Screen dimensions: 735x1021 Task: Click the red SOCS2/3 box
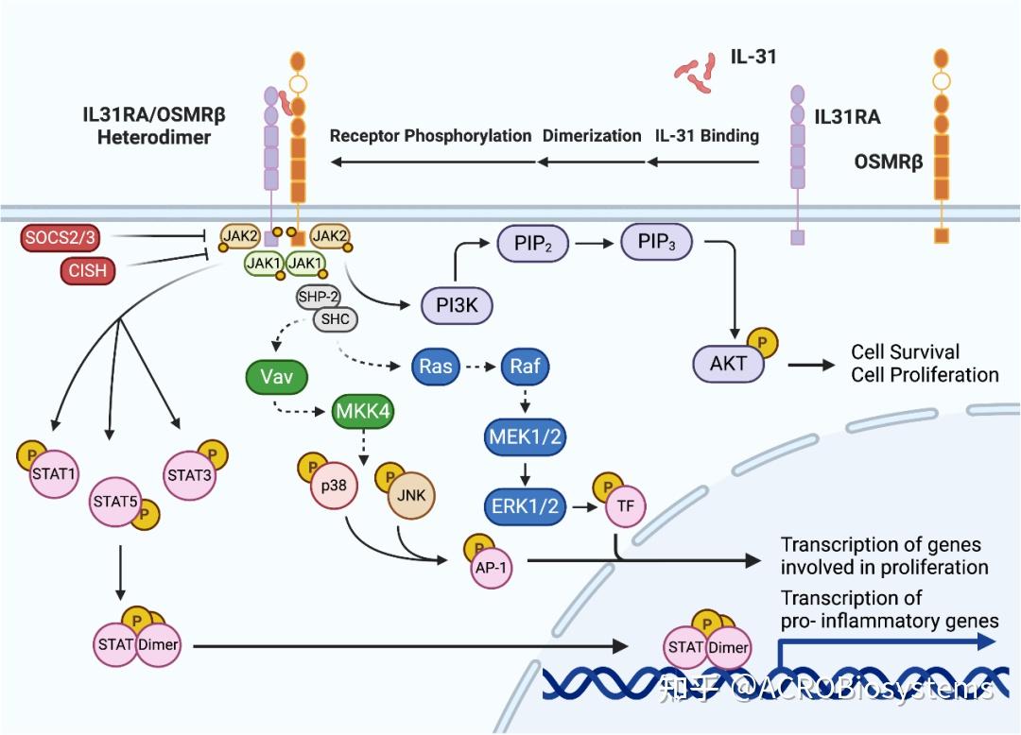[x=61, y=239]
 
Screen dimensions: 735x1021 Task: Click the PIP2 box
[x=536, y=244]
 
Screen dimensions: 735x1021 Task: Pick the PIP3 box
[x=656, y=244]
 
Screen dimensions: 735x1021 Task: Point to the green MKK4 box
[x=362, y=412]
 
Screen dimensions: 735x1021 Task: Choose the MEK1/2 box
[x=525, y=437]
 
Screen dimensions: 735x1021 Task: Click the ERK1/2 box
[x=525, y=505]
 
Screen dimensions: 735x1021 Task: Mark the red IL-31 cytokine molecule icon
[x=697, y=73]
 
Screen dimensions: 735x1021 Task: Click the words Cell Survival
[x=905, y=351]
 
